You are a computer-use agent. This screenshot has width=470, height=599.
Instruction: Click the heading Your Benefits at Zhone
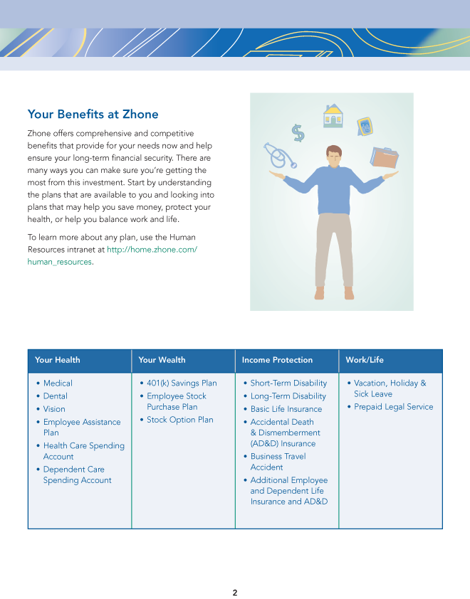(x=93, y=115)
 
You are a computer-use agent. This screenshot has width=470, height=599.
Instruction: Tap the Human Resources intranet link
(x=151, y=250)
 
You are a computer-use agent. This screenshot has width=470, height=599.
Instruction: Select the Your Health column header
(x=58, y=360)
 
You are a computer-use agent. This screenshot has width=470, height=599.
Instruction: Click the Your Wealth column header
(x=162, y=360)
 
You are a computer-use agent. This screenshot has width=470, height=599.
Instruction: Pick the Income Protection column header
(x=277, y=360)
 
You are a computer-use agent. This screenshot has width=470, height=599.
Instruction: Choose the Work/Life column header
(x=365, y=360)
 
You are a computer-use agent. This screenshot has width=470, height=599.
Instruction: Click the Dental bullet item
(x=55, y=396)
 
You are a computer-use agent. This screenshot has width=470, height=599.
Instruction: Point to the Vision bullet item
(x=54, y=409)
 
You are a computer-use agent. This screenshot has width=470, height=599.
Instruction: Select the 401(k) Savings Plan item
(x=182, y=383)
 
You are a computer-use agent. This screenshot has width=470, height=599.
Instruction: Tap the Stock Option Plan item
(x=179, y=420)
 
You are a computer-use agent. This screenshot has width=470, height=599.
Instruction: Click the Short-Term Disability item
(x=288, y=383)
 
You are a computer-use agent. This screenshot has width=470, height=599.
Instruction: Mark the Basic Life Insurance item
(x=286, y=409)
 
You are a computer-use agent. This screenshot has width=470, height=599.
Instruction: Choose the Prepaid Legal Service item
(x=393, y=407)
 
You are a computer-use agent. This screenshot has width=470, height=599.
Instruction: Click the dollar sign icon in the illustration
(x=298, y=133)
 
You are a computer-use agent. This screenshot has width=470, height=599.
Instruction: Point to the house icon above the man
(x=333, y=115)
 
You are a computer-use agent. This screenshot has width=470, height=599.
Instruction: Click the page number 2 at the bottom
(x=235, y=593)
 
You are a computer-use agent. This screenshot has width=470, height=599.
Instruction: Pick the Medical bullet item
(x=58, y=383)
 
